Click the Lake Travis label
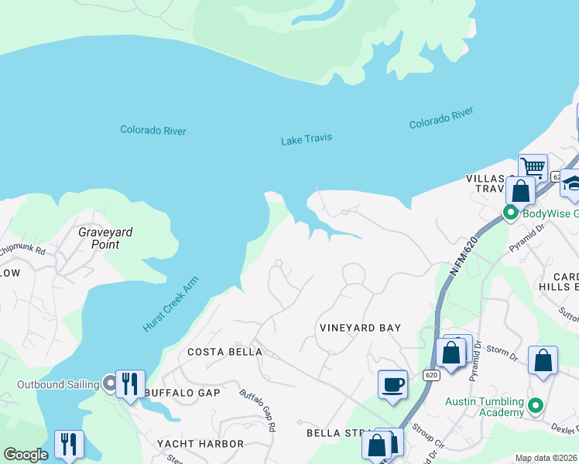coord(307,139)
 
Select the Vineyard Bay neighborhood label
coord(361,328)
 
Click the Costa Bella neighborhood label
coord(225,352)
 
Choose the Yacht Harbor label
coord(200,444)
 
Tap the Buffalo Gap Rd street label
coord(258,410)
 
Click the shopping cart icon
coord(533,167)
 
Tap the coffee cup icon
coord(392,384)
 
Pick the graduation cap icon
coord(571,183)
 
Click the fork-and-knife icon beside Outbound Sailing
coord(130,383)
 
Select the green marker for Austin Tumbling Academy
coord(534,404)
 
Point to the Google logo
coord(26,455)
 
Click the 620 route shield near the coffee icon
coord(431,375)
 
